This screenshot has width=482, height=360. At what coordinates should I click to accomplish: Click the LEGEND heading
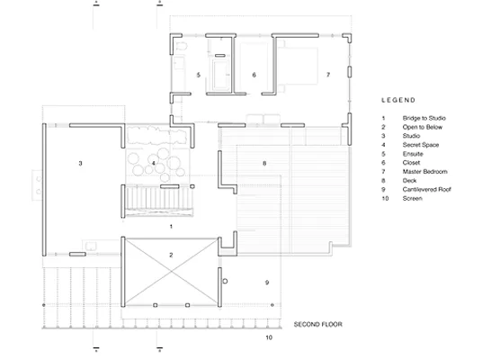[398, 100]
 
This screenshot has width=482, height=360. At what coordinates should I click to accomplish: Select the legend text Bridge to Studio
[424, 118]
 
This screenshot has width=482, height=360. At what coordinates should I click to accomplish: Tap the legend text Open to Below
[423, 127]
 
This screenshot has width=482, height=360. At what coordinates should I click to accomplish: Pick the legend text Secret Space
[421, 145]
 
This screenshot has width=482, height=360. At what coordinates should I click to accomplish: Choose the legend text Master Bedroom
[424, 172]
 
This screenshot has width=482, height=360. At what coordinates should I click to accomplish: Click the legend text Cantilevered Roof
[426, 190]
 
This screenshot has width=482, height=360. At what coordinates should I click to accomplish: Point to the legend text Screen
[412, 199]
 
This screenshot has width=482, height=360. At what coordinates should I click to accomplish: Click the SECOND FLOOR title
[317, 324]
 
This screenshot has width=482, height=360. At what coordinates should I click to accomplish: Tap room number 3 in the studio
[81, 164]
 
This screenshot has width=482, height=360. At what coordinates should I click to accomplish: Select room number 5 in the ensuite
[199, 75]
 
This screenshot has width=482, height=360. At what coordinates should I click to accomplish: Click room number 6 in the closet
[254, 75]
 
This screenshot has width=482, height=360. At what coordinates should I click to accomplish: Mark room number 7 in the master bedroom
[328, 75]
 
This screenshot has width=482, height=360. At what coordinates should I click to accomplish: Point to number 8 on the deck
[264, 164]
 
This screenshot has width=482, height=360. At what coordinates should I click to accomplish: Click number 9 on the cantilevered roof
[267, 283]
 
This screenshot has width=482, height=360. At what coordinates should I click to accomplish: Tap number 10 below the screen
[269, 337]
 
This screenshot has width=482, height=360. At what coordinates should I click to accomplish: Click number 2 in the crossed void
[171, 255]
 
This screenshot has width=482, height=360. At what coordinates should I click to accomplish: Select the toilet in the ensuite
[182, 46]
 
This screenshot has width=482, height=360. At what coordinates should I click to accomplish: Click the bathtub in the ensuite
[221, 74]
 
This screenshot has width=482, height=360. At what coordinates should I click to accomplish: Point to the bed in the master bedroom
[298, 66]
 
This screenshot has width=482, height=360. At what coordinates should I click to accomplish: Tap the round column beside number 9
[225, 281]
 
